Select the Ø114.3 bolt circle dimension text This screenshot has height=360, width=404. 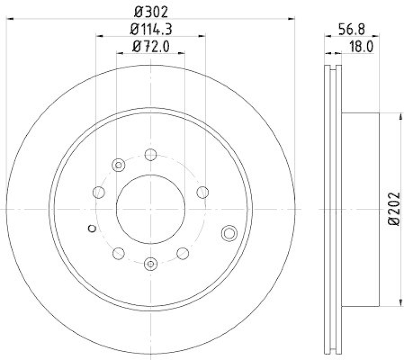pos(151,29)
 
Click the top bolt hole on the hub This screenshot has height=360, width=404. pos(150,154)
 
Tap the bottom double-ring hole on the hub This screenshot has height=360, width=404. pos(150,262)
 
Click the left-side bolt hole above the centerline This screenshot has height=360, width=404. pos(99,192)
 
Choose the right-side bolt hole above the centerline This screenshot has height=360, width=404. pos(203,192)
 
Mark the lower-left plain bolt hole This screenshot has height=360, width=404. pos(119,252)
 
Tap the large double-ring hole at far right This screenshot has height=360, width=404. pos(229,233)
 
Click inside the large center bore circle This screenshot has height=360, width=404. pos(150,208)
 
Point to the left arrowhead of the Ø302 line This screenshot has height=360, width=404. pos(10,19)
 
